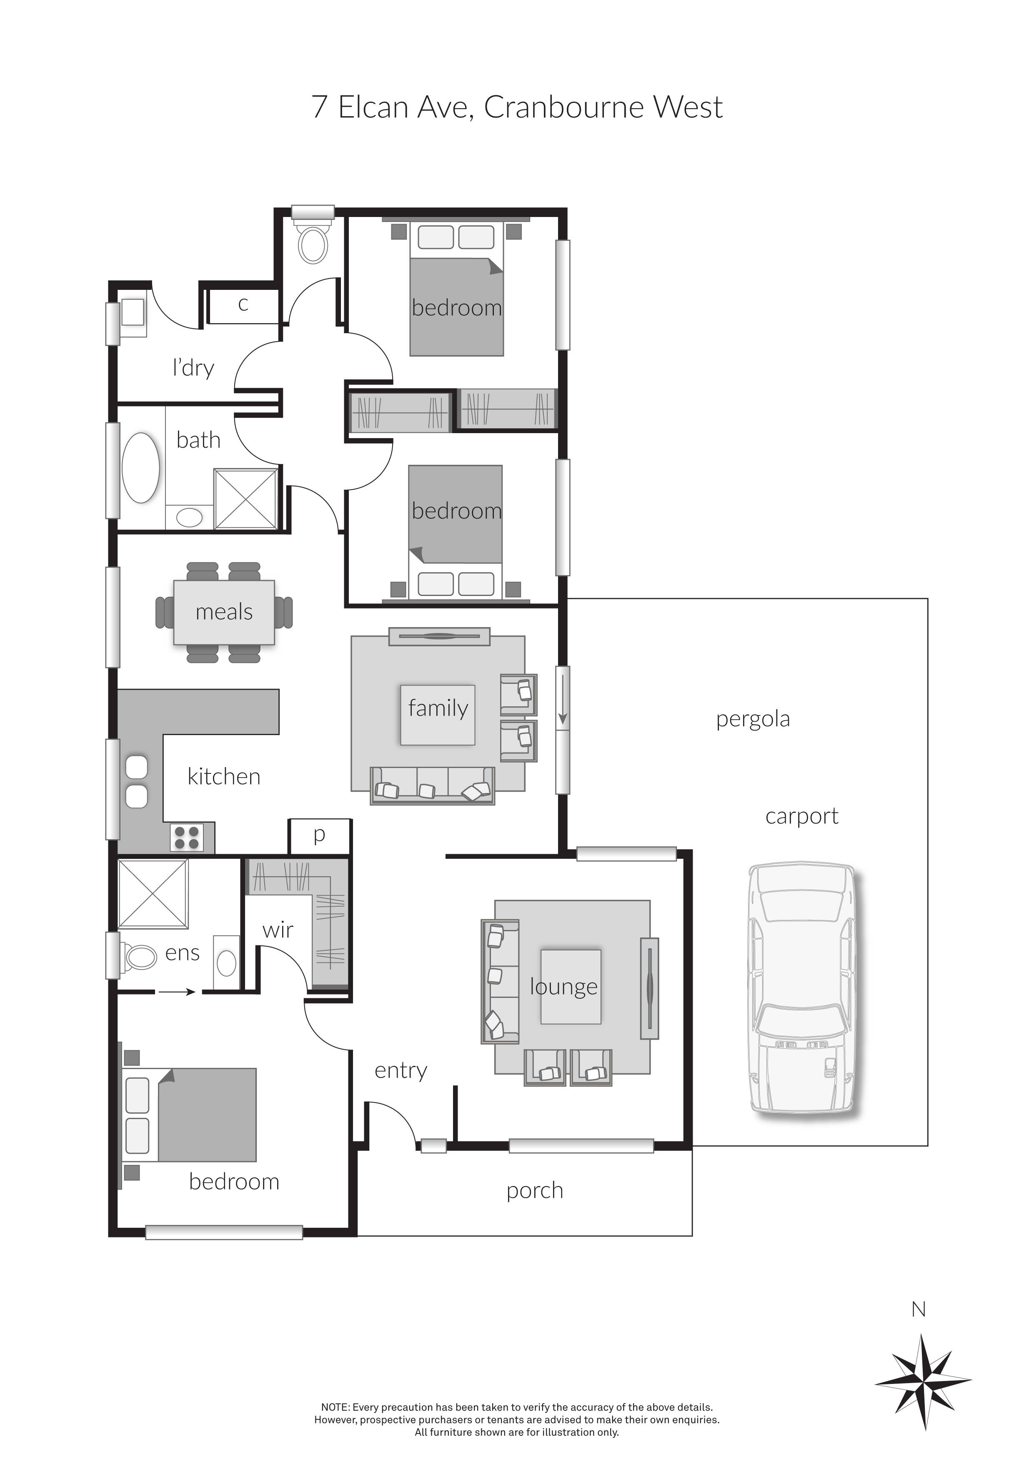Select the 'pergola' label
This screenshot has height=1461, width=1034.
coord(753,719)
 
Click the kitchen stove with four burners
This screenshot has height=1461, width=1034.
coord(187,838)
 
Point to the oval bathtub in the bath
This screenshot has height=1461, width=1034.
coord(140,468)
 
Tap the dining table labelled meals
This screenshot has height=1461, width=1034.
coord(224,612)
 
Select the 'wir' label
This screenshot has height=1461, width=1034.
coord(278,930)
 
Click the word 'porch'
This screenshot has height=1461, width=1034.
coord(535,1190)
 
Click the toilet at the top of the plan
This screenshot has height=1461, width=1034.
coord(313,244)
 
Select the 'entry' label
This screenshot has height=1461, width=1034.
coord(401,1070)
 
